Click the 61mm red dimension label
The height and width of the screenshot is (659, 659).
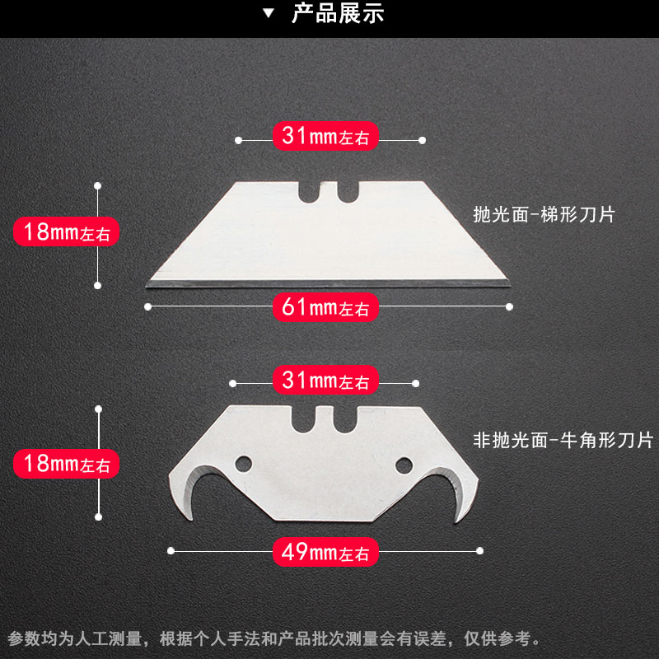pos(325,306)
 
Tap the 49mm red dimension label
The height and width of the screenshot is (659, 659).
pos(325,551)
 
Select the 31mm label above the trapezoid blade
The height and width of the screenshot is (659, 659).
pos(325,136)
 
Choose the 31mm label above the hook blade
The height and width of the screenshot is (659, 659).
pos(325,380)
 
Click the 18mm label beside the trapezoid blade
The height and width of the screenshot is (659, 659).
pos(67,231)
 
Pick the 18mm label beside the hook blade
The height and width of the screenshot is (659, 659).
pos(67,464)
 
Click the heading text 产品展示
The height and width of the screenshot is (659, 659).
pos(338,13)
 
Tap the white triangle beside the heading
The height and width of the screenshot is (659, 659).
pos(269,13)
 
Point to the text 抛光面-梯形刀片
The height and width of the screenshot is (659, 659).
pos(544,215)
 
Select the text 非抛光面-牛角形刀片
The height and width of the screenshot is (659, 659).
pos(563,440)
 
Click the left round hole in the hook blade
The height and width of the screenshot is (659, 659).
pos(243,464)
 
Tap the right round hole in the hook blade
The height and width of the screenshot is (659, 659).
pos(404,465)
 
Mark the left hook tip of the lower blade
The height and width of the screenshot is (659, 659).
pos(190,520)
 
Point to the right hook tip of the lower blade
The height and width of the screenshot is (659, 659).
pos(457,522)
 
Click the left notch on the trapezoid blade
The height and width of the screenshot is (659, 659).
pos(310,192)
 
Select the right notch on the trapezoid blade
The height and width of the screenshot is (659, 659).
pos(348,192)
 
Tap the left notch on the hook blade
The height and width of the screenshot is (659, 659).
pos(302,419)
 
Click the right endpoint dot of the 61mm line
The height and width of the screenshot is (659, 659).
pos(509,306)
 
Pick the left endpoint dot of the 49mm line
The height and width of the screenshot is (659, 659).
pos(171,551)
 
